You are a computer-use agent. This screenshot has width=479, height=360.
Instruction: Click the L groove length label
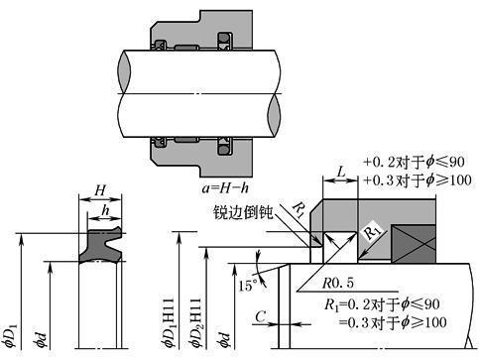pos(341,172)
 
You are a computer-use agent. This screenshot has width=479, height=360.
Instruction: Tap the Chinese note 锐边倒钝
pos(241,212)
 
